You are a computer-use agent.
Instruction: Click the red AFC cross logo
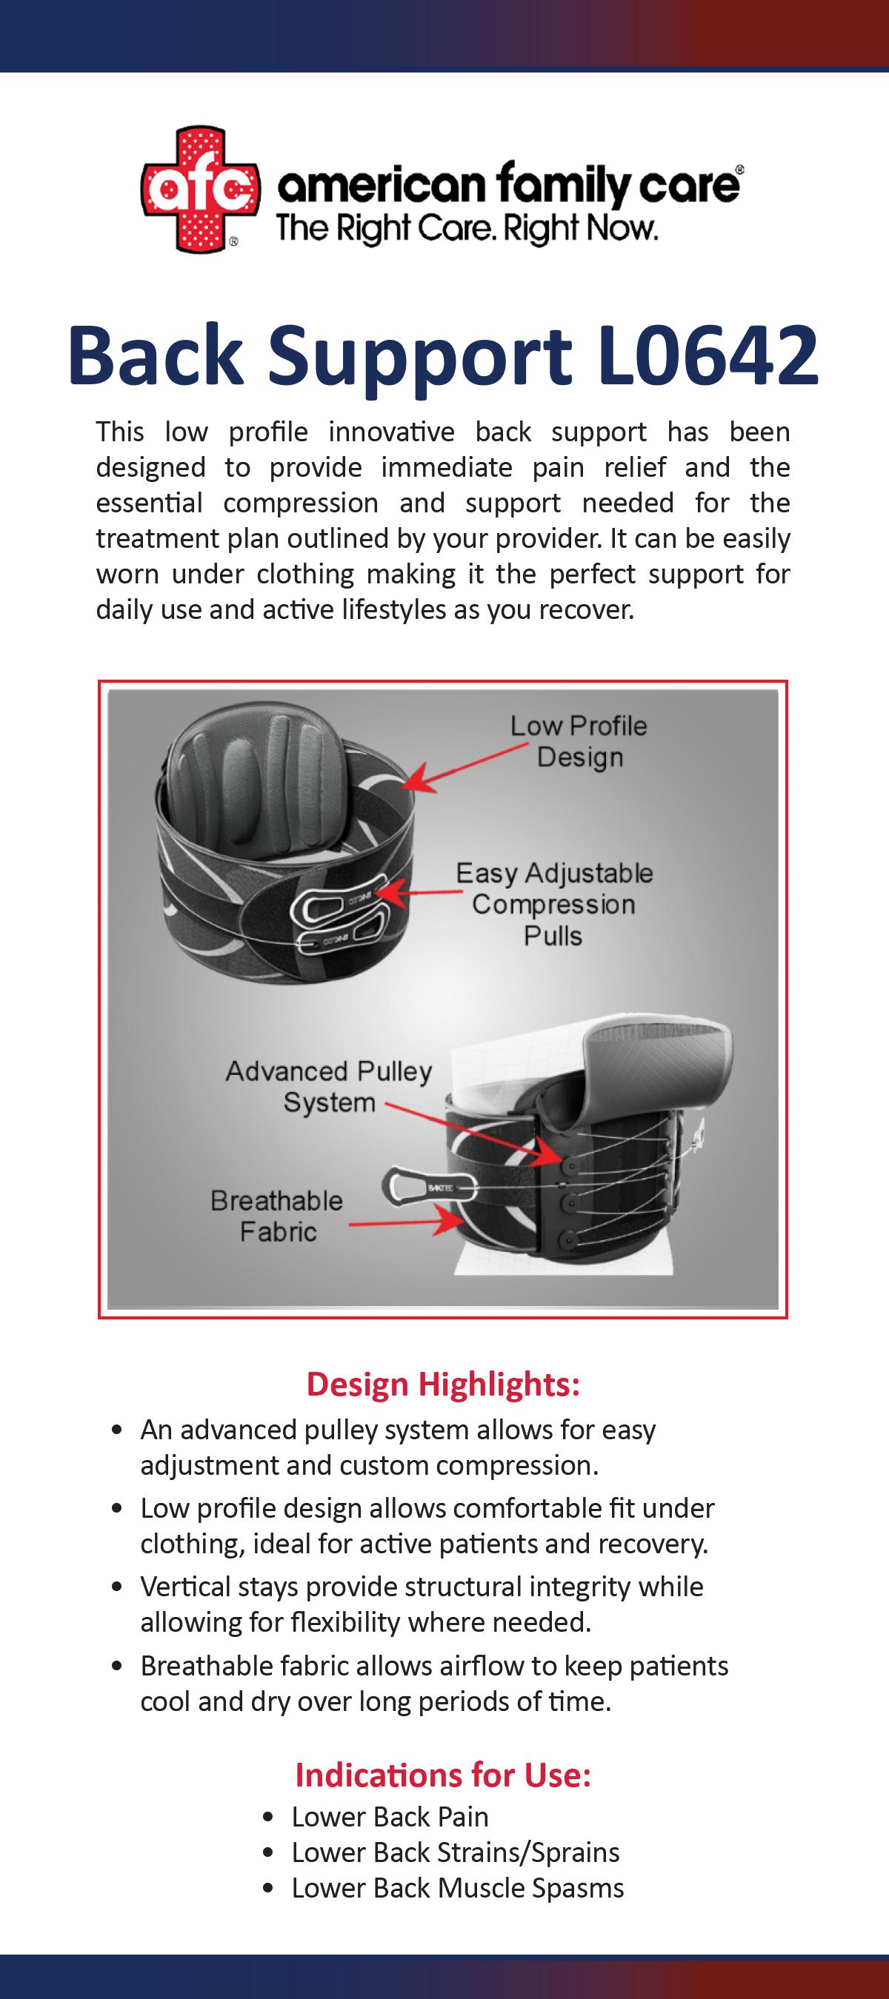(x=198, y=190)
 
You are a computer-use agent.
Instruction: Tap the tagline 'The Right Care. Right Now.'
(x=467, y=229)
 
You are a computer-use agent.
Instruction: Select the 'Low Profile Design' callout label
(x=579, y=741)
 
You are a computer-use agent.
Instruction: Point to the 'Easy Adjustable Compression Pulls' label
(x=553, y=904)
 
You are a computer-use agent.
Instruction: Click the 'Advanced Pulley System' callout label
(x=328, y=1086)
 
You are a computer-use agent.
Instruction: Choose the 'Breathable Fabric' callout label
(x=277, y=1216)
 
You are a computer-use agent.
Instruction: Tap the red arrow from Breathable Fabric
(x=404, y=1224)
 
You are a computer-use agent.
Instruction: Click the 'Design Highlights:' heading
(x=443, y=1384)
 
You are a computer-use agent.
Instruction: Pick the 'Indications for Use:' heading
(x=443, y=1775)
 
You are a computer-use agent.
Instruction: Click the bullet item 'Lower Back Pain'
(x=390, y=1818)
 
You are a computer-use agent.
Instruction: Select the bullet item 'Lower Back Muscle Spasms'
(x=457, y=1888)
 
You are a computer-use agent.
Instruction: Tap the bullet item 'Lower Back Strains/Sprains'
(x=455, y=1853)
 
